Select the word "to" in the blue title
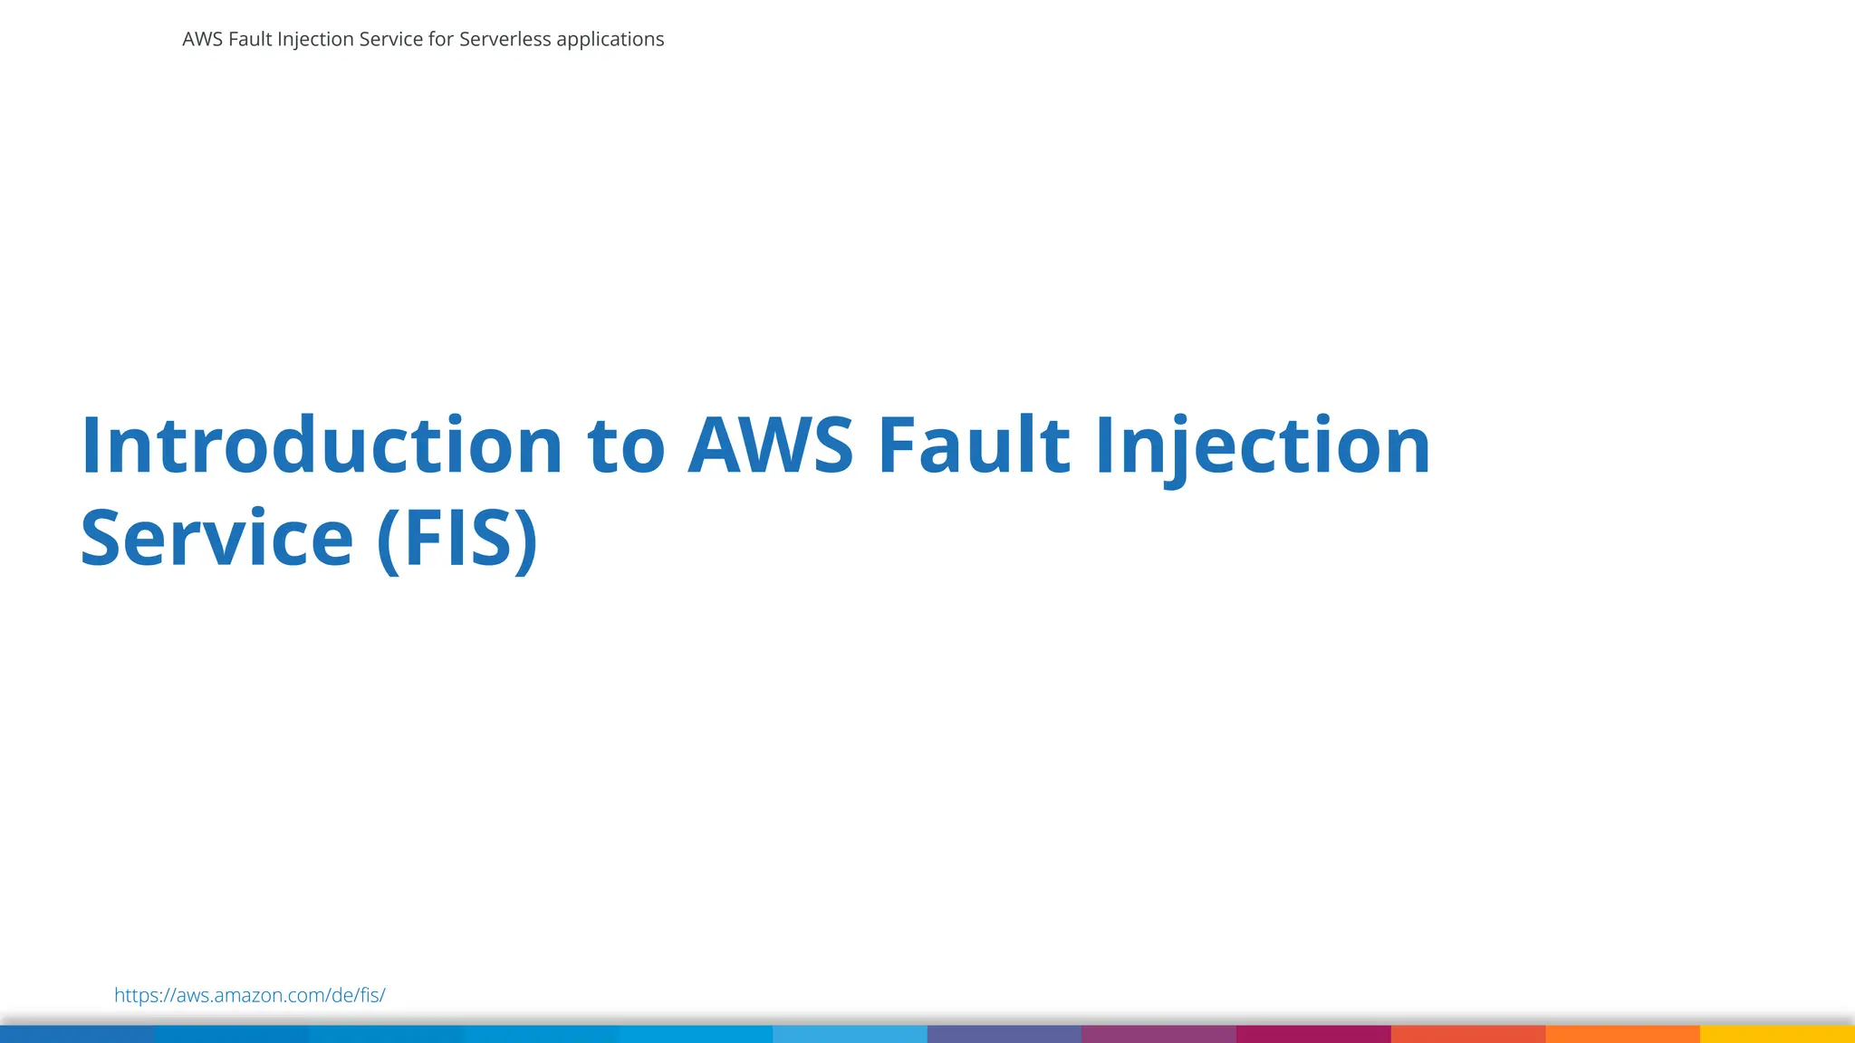click(626, 446)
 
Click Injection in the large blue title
click(1263, 446)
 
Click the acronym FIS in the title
click(458, 540)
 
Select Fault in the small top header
click(250, 40)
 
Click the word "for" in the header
click(441, 40)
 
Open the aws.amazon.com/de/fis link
click(250, 995)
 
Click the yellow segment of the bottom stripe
click(1777, 1034)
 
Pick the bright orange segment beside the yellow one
click(1622, 1034)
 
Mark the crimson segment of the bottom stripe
click(1313, 1034)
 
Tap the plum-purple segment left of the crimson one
click(1158, 1034)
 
